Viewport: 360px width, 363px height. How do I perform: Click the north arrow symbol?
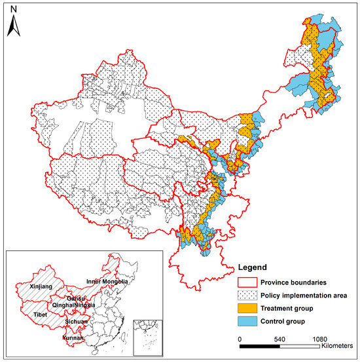[x=15, y=25]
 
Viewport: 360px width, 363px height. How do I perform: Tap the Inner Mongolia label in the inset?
[x=107, y=282]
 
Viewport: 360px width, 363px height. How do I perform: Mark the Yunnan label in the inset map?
[x=73, y=339]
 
